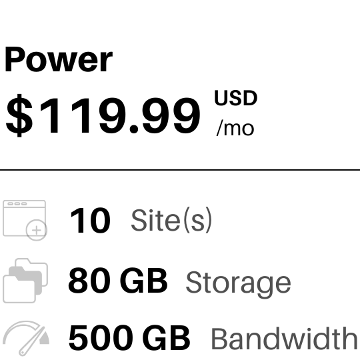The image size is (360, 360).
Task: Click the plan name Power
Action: pos(59,60)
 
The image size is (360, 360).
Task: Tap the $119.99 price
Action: pos(103,115)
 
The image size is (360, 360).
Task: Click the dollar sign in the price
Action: pos(19,115)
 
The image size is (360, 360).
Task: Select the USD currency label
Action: pos(235,98)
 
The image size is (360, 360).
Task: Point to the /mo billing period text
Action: pos(235,129)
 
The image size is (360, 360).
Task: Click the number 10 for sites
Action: pos(90,221)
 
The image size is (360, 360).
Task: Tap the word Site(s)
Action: pos(171,221)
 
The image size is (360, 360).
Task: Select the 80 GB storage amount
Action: pos(118,281)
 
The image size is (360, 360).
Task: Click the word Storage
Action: pos(238,283)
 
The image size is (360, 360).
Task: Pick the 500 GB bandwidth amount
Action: pos(129,338)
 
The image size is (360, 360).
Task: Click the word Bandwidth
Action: pos(284,339)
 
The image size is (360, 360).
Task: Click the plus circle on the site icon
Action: pos(36,230)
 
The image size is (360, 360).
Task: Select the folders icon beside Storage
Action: pos(25,281)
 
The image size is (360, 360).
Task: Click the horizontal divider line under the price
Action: pos(180,170)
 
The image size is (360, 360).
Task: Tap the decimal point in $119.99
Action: pos(134,129)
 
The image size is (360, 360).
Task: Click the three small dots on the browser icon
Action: pos(17,203)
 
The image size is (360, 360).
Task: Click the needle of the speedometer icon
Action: pos(32,341)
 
